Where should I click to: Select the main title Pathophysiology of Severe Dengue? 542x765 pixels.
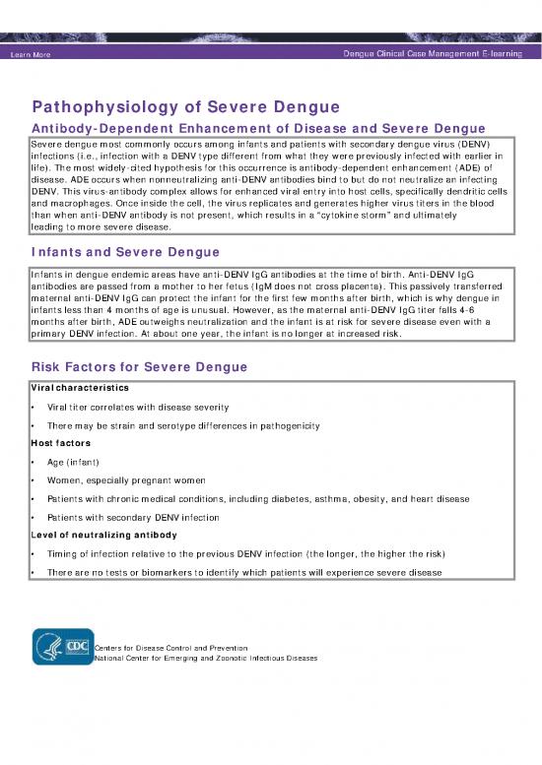tap(186, 106)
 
